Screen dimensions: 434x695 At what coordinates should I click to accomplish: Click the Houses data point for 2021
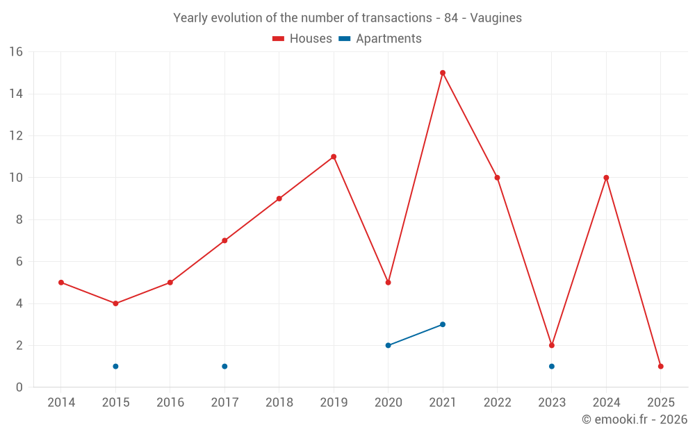pyautogui.click(x=443, y=73)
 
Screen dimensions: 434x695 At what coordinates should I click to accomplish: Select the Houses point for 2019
pyautogui.click(x=334, y=157)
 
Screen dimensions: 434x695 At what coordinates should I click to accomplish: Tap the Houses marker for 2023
pyautogui.click(x=552, y=345)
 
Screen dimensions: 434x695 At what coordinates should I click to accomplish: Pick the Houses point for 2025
pyautogui.click(x=661, y=366)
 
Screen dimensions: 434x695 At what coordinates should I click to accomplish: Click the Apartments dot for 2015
pyautogui.click(x=115, y=366)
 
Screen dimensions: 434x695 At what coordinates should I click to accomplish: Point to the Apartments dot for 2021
pyautogui.click(x=443, y=324)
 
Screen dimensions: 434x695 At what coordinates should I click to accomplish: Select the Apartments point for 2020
pyautogui.click(x=388, y=345)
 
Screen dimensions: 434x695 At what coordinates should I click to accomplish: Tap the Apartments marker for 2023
pyautogui.click(x=552, y=366)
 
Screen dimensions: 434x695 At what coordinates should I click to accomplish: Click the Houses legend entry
pyautogui.click(x=302, y=39)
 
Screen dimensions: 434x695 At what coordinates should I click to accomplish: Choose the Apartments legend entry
pyautogui.click(x=381, y=39)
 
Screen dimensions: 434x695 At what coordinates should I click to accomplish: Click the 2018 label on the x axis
pyautogui.click(x=279, y=403)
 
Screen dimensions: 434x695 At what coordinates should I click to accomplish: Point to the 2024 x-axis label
pyautogui.click(x=606, y=403)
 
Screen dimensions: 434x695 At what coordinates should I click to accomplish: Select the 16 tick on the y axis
pyautogui.click(x=15, y=52)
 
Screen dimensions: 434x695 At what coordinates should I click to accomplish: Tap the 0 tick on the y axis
pyautogui.click(x=19, y=387)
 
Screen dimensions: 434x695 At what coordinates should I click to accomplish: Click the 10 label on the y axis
pyautogui.click(x=15, y=178)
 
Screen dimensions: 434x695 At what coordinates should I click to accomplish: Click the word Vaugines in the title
pyautogui.click(x=496, y=18)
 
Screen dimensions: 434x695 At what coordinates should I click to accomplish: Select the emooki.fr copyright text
pyautogui.click(x=635, y=419)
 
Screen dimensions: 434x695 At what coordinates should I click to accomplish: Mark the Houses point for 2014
pyautogui.click(x=61, y=283)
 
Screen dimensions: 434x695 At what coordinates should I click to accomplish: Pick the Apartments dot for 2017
pyautogui.click(x=224, y=366)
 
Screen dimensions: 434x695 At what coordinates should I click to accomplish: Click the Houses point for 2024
pyautogui.click(x=606, y=178)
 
